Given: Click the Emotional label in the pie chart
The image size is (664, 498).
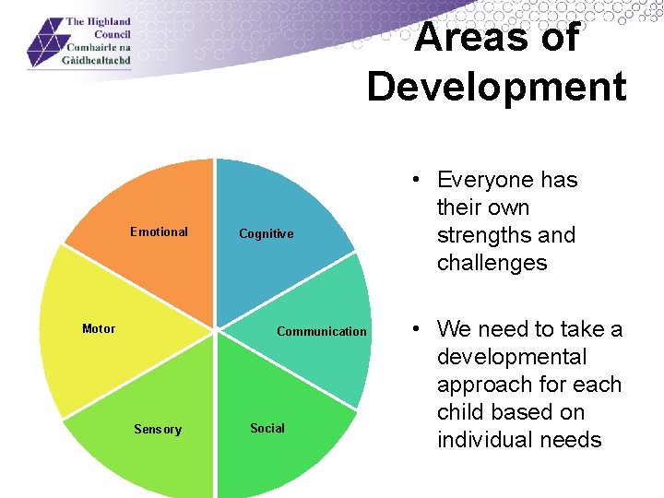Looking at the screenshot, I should click(x=159, y=232).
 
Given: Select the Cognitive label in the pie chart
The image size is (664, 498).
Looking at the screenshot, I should click(x=266, y=234).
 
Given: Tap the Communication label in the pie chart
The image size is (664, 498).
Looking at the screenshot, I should click(x=321, y=332).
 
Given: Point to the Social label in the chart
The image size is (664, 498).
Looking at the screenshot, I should click(x=267, y=429).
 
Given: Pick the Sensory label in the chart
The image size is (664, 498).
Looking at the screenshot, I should click(x=158, y=430).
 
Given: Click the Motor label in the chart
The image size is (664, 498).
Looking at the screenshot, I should click(x=99, y=329).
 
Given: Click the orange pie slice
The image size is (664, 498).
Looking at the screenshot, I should click(x=157, y=203).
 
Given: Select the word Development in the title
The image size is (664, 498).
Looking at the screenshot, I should click(x=496, y=87).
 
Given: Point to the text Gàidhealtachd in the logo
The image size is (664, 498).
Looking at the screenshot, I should click(x=98, y=59).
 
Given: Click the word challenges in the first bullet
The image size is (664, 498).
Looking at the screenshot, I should click(x=492, y=263).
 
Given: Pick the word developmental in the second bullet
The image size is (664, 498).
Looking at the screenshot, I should click(x=512, y=357).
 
